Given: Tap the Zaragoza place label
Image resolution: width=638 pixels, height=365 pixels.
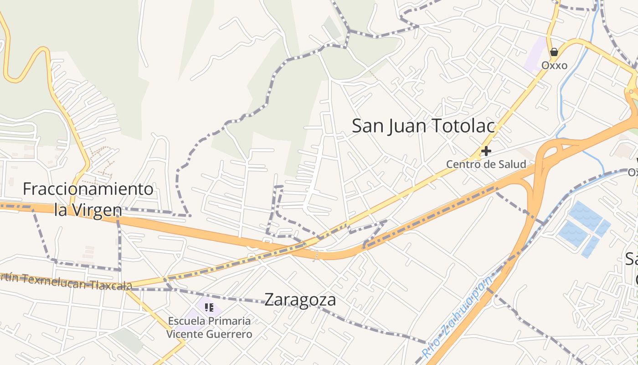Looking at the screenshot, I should (x=300, y=300).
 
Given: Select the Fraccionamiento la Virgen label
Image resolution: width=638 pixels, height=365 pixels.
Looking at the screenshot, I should (x=88, y=199).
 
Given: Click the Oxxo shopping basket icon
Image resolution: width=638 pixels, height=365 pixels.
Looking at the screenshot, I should (x=554, y=52).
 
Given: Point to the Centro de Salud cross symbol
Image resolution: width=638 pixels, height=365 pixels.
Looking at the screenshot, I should (x=486, y=151).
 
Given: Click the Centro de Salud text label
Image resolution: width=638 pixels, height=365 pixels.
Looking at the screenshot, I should (x=486, y=164).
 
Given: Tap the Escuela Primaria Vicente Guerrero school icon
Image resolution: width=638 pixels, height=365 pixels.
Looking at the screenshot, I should (x=209, y=308).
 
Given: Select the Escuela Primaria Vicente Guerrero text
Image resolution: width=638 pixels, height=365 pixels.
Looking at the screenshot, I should (x=209, y=328).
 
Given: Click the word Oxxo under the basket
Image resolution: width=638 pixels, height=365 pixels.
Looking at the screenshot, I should (x=554, y=66).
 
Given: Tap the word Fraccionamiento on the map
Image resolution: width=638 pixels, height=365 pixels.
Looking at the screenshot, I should (x=88, y=189).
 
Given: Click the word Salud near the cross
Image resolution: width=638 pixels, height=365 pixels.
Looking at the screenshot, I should (x=512, y=164).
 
